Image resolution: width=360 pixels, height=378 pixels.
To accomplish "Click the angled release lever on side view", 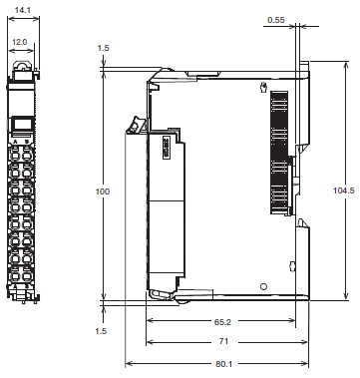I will [132, 125].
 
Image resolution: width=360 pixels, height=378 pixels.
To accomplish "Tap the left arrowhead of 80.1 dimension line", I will [128, 364].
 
